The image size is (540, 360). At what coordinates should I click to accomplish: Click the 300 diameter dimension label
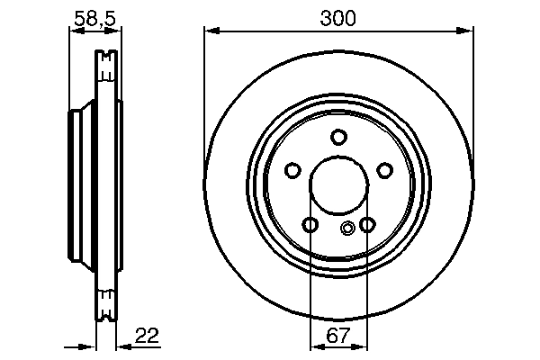pos(337,18)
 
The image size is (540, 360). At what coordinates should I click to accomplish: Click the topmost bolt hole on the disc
pos(338,137)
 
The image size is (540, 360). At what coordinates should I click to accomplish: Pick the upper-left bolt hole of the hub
pos(292,171)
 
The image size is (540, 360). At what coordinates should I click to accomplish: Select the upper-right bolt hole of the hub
pos(385,171)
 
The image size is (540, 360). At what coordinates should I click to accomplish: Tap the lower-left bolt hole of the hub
pos(310,225)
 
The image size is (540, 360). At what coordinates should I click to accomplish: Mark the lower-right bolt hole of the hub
pos(367,225)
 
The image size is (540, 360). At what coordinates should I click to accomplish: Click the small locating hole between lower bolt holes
pos(347,228)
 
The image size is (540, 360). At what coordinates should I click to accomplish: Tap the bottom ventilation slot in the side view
pos(107,301)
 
